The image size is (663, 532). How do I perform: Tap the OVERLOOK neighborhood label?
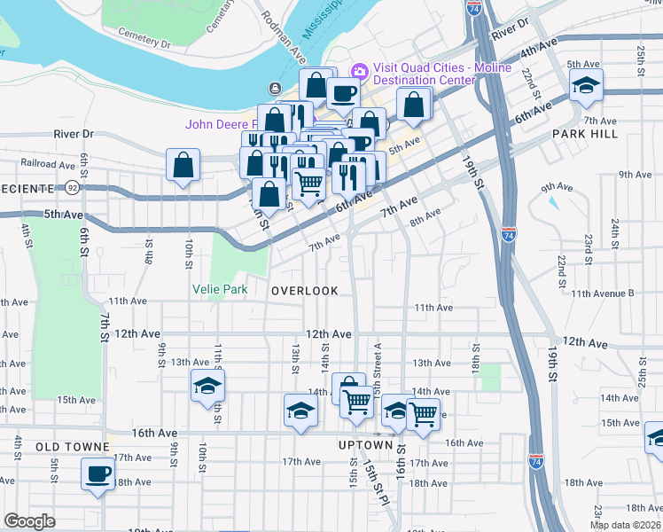(305, 291)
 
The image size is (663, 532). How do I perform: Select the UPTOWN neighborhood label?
(365, 444)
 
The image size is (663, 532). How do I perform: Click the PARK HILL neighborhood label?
(581, 133)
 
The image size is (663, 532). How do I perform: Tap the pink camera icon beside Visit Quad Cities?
(361, 70)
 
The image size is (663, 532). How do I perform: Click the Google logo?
(29, 521)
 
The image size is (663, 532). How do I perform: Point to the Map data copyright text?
(626, 525)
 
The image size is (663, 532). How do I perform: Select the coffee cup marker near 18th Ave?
(97, 473)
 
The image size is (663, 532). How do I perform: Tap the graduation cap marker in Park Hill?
(585, 87)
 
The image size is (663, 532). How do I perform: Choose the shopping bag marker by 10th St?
(182, 165)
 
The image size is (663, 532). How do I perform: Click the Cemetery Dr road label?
(141, 43)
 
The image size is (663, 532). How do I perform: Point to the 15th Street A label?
(378, 360)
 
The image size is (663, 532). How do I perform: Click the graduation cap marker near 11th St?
(208, 386)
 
